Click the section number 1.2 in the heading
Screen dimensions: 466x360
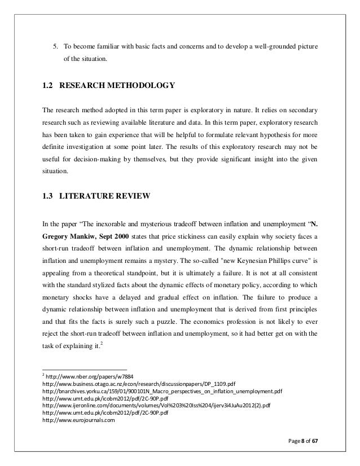[x=48, y=86]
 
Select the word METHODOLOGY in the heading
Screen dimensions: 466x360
[x=142, y=86]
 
